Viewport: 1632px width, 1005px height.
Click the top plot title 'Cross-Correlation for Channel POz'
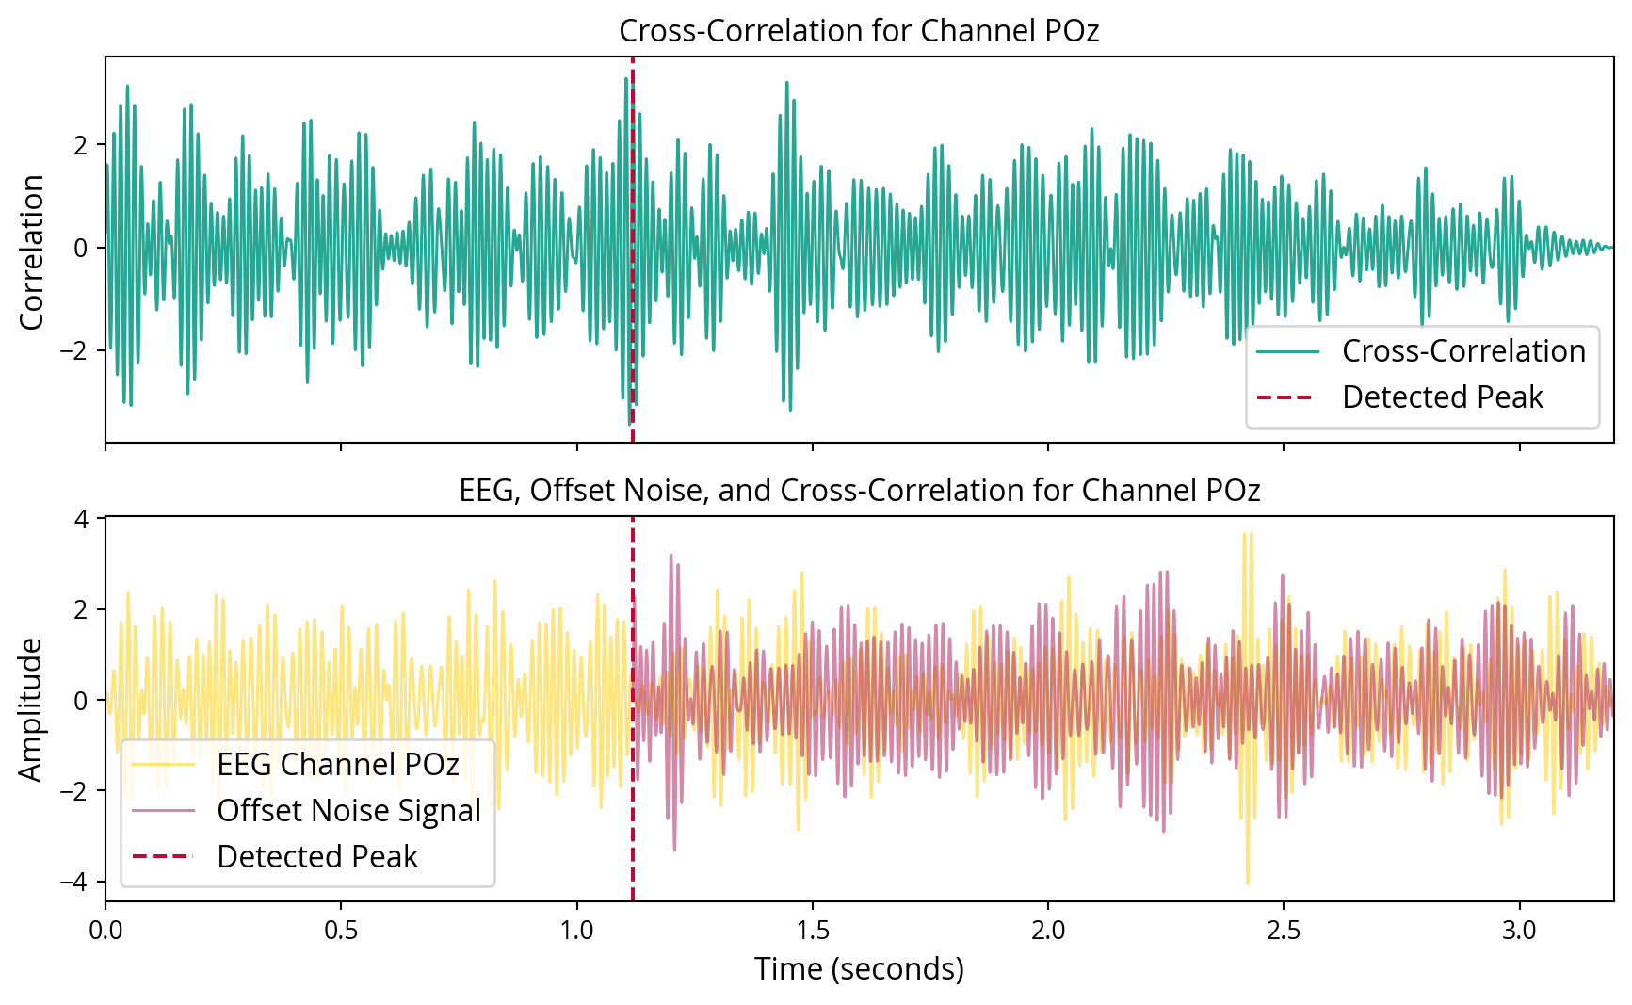[x=859, y=31]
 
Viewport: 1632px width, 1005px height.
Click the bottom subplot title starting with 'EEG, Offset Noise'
[x=859, y=491]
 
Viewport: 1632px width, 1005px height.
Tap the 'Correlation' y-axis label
[x=32, y=251]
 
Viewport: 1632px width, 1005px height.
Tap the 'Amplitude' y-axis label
[x=32, y=710]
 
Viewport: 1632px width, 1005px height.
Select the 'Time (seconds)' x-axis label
[x=859, y=968]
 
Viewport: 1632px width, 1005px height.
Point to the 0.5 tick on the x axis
[x=341, y=931]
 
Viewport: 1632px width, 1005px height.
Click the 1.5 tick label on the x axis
[x=812, y=931]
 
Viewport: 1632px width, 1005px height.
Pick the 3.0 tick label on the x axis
[x=1518, y=931]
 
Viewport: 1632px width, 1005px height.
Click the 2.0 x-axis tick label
[x=1047, y=931]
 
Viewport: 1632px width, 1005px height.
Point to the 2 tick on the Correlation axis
[x=80, y=146]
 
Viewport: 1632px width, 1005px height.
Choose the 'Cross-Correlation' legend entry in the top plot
[x=1462, y=351]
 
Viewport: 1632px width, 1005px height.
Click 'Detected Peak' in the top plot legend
[x=1442, y=397]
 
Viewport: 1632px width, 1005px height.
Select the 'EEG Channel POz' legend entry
[x=337, y=765]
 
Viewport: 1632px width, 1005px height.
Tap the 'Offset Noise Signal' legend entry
[x=348, y=811]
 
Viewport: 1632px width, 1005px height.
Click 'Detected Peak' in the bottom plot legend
[x=316, y=857]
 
